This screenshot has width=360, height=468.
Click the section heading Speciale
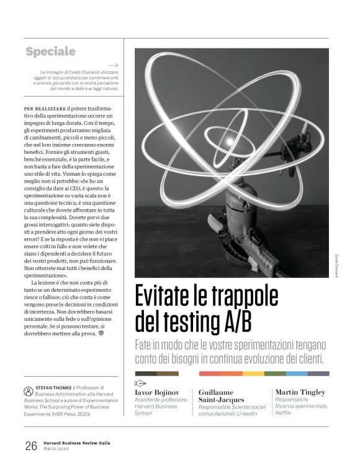click(51, 52)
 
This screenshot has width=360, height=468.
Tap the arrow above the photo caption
click(114, 65)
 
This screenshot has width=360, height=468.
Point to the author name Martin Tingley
click(300, 392)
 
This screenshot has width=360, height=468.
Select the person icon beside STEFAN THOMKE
click(28, 392)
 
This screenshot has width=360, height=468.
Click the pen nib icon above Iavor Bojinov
click(140, 383)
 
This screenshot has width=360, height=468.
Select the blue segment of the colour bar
click(297, 374)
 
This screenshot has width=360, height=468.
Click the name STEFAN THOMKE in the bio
click(56, 391)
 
